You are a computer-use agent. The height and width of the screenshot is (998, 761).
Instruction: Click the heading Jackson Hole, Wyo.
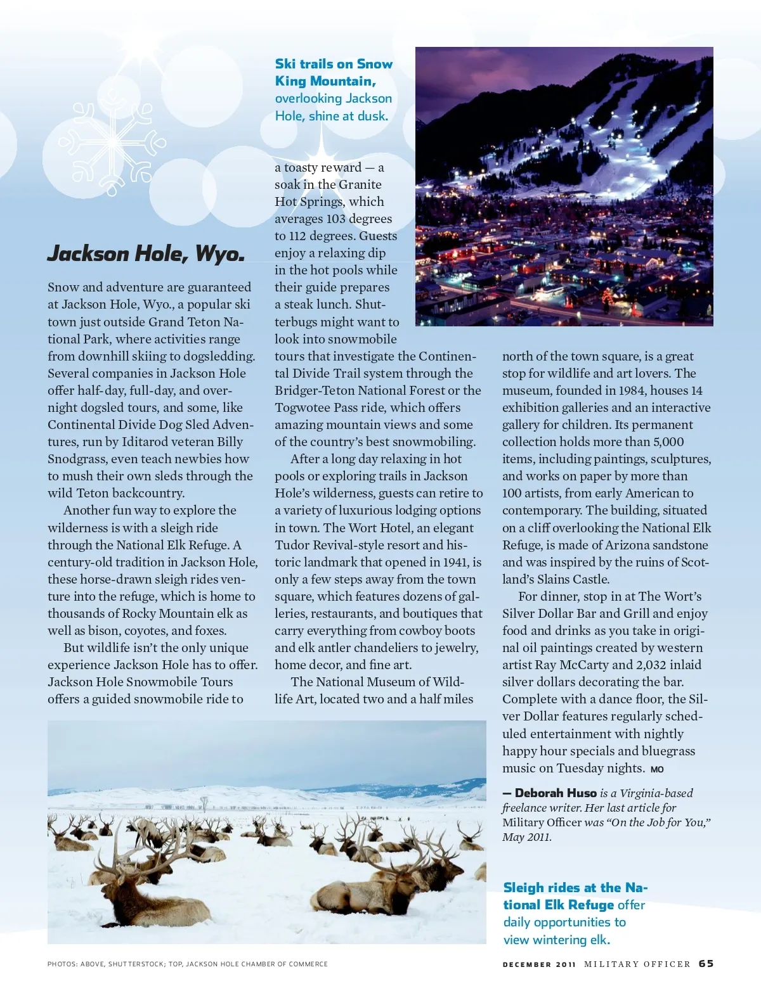(x=146, y=253)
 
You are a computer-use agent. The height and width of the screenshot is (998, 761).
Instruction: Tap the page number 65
(x=706, y=964)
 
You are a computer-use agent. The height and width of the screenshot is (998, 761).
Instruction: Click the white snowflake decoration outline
(x=112, y=141)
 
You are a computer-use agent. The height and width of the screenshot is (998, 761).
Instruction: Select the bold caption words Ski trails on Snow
(x=334, y=64)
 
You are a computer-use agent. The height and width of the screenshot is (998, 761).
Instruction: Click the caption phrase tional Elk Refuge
(x=559, y=905)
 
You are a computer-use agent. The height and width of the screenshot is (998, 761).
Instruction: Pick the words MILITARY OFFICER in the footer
(x=637, y=964)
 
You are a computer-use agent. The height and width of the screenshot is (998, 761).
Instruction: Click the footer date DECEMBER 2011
(x=539, y=964)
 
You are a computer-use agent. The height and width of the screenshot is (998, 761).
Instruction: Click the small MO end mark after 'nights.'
(x=657, y=769)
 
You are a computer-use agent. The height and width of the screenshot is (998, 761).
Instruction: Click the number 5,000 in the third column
(x=668, y=442)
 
